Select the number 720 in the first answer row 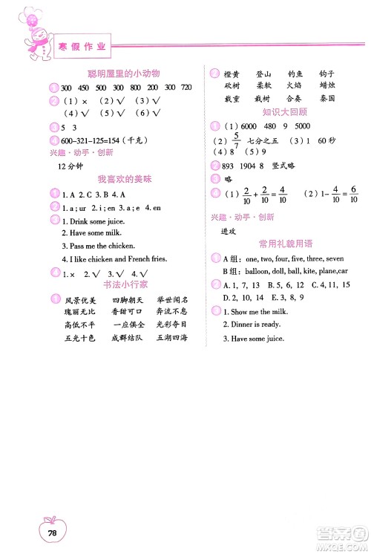[186, 87]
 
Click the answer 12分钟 [71, 164]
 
